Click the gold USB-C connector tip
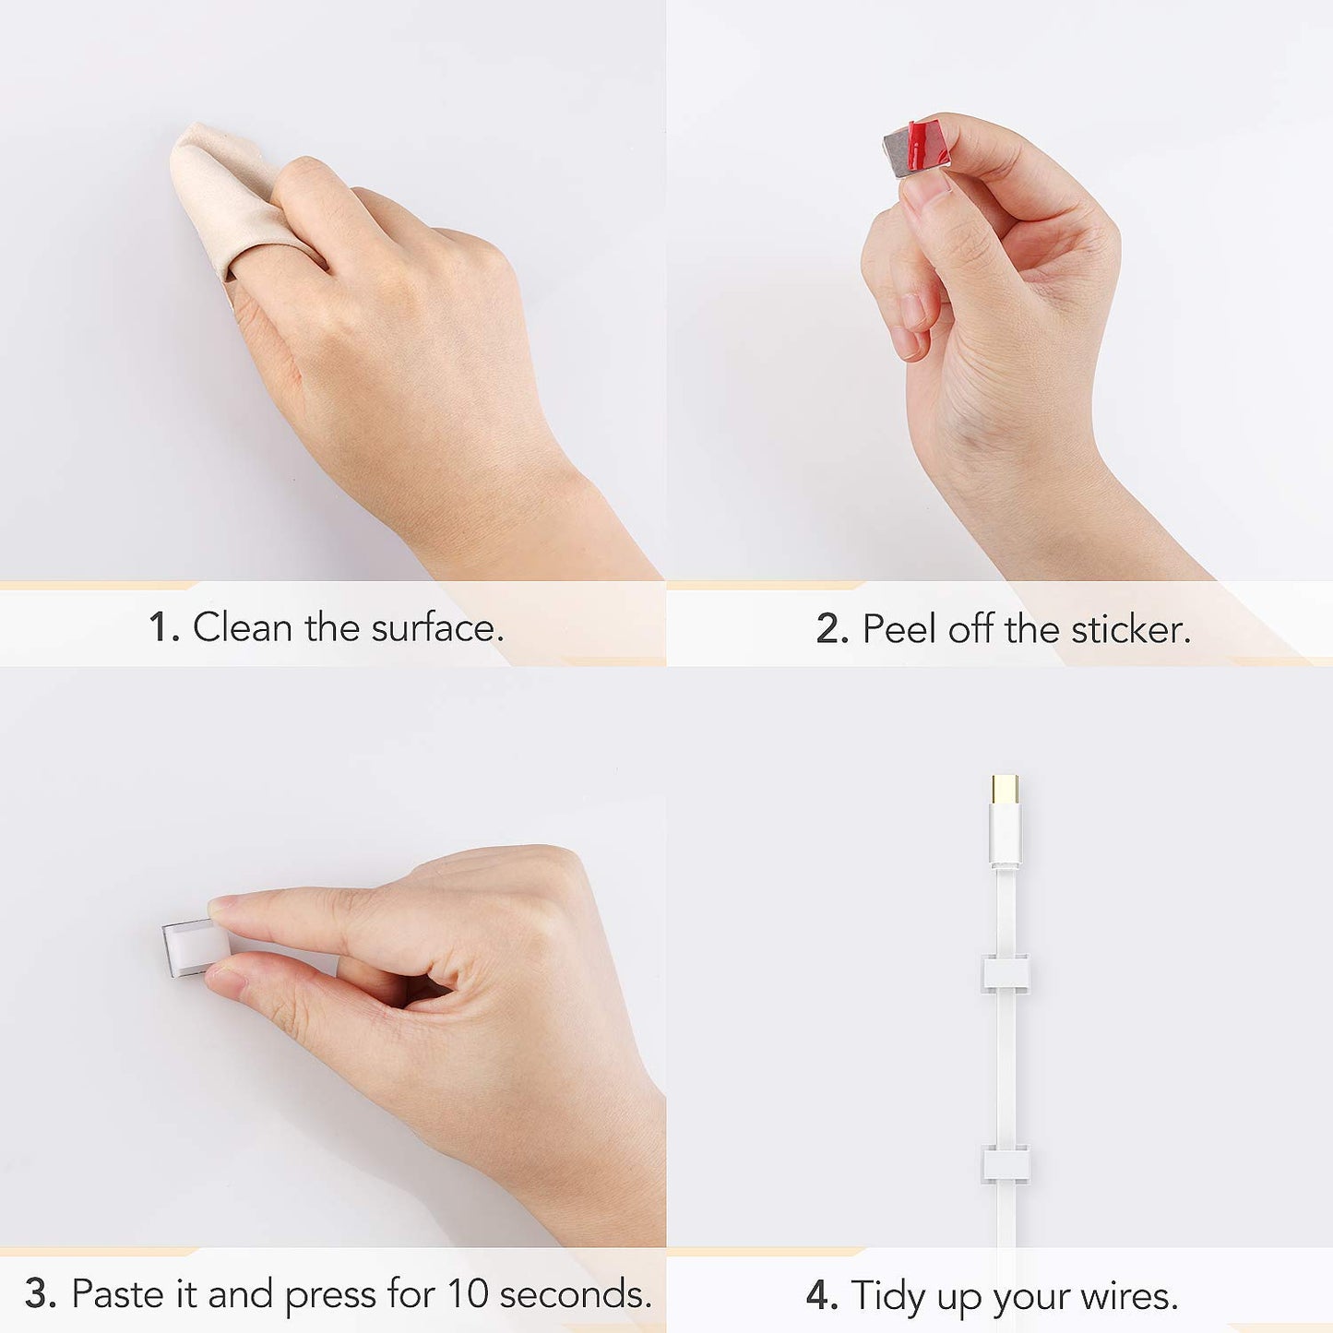pos(1005,790)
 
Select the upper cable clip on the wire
pos(1006,972)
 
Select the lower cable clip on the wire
pos(1006,1163)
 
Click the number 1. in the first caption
pos(164,627)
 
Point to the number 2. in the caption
pos(832,629)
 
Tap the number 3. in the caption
pos(41,1292)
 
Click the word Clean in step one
pos(243,627)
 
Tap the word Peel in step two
pos(900,629)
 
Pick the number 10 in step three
pos(469,1292)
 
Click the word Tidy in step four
pos(889,1296)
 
